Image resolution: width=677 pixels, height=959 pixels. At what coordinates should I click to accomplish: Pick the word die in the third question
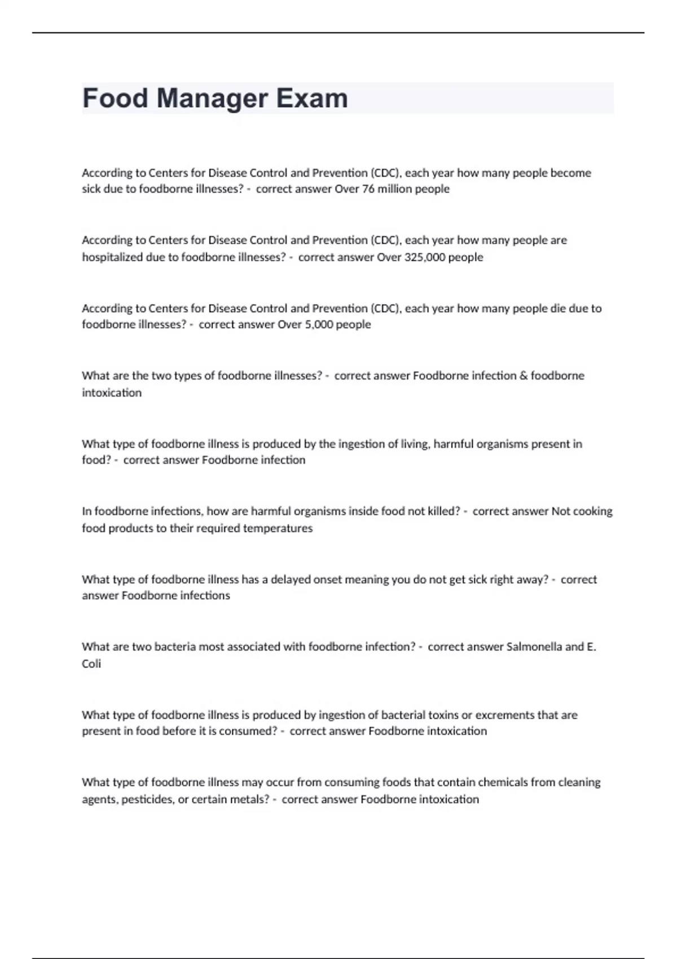pos(560,309)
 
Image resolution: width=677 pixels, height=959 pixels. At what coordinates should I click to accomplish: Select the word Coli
pos(91,664)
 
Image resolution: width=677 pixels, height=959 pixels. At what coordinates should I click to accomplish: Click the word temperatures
pos(278,529)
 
